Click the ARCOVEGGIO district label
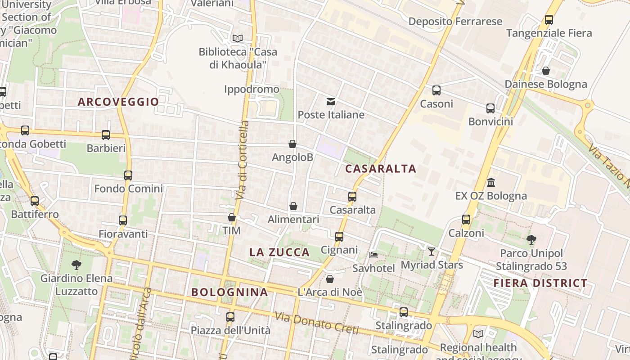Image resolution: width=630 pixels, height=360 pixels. click(118, 102)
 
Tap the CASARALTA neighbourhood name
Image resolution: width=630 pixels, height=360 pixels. click(381, 169)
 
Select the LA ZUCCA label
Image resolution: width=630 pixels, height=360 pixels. click(279, 252)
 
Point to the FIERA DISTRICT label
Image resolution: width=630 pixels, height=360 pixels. click(540, 283)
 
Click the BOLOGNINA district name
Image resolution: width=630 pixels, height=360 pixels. click(229, 292)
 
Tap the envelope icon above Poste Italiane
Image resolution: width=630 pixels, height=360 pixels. click(331, 101)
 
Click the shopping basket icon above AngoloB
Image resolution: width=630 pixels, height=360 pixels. click(292, 144)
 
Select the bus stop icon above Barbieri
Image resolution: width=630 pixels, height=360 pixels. click(106, 135)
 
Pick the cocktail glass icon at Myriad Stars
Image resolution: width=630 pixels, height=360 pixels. click(432, 251)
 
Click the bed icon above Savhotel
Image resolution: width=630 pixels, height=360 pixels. click(373, 255)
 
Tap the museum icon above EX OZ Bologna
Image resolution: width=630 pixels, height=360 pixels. click(491, 183)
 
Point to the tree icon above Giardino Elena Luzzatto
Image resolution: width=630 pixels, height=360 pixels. click(76, 265)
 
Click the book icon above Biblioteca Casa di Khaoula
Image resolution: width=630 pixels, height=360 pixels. click(237, 39)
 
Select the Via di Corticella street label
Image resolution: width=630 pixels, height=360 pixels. click(242, 160)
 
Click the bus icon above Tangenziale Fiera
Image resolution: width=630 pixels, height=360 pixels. click(549, 20)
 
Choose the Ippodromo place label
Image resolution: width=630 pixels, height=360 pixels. click(252, 89)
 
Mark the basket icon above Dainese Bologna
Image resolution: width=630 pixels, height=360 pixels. click(545, 71)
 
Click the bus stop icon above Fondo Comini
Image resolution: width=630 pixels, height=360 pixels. click(128, 175)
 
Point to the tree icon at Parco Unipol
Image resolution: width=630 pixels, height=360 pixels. click(531, 239)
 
